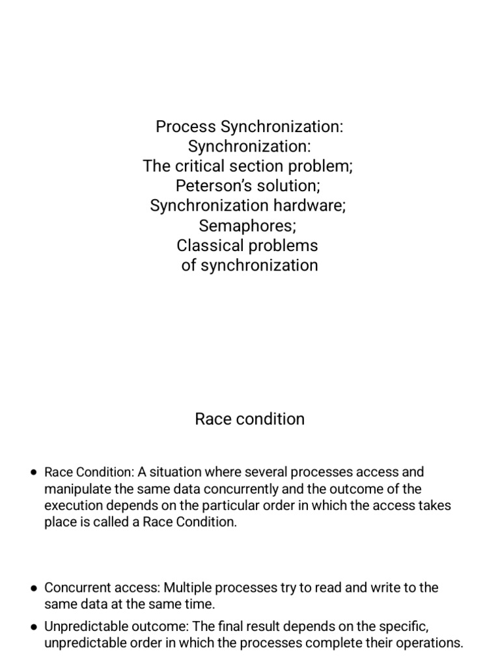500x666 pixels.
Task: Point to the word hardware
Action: pyautogui.click(x=314, y=206)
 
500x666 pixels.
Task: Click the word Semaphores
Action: pyautogui.click(x=249, y=226)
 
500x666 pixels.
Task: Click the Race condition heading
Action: pyautogui.click(x=249, y=419)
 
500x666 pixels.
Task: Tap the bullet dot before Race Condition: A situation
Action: pyautogui.click(x=34, y=472)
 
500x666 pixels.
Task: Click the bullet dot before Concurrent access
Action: pyautogui.click(x=34, y=588)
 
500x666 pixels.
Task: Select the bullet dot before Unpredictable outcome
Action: pyautogui.click(x=34, y=627)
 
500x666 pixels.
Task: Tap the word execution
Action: pyautogui.click(x=71, y=506)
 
